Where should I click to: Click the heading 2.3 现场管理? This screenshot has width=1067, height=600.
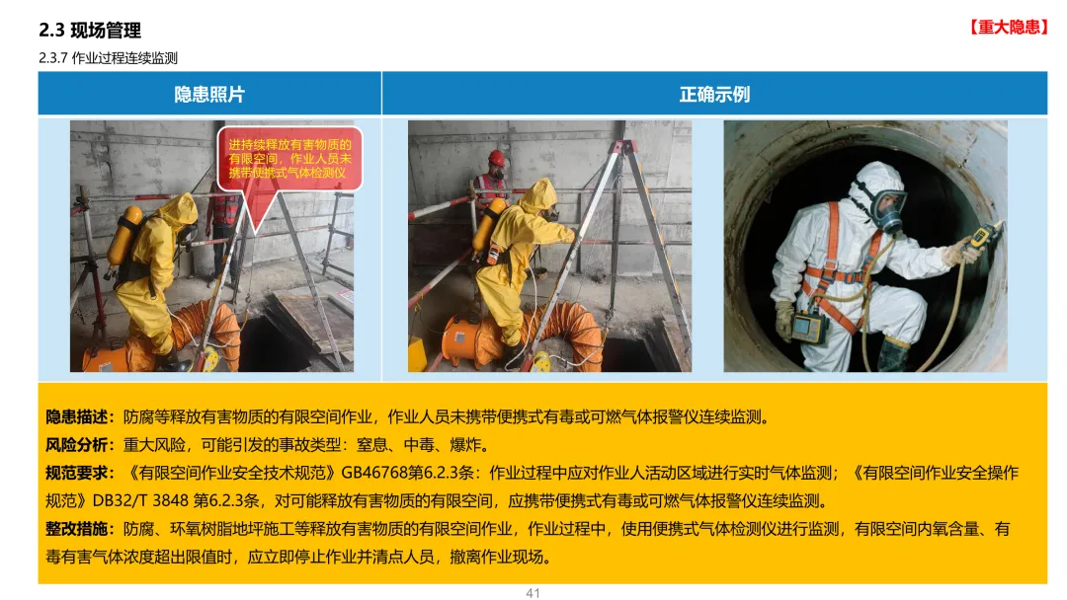[90, 30]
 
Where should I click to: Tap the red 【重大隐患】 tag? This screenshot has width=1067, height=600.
[1009, 27]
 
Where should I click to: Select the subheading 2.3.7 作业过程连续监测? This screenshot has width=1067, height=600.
[109, 58]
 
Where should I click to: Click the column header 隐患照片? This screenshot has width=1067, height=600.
[209, 94]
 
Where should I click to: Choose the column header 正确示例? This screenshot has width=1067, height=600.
[714, 94]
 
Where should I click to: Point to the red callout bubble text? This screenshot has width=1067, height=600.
[289, 158]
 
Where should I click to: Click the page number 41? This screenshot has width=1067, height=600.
[533, 592]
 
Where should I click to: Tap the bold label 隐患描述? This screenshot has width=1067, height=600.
[77, 416]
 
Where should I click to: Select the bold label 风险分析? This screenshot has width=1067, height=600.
[77, 445]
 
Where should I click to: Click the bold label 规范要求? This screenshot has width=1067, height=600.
[77, 473]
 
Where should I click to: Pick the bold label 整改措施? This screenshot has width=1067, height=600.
[77, 529]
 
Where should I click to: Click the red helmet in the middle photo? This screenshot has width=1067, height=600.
[497, 158]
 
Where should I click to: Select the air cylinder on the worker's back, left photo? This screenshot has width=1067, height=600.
[124, 237]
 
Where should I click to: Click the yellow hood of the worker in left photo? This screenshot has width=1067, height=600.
[178, 210]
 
